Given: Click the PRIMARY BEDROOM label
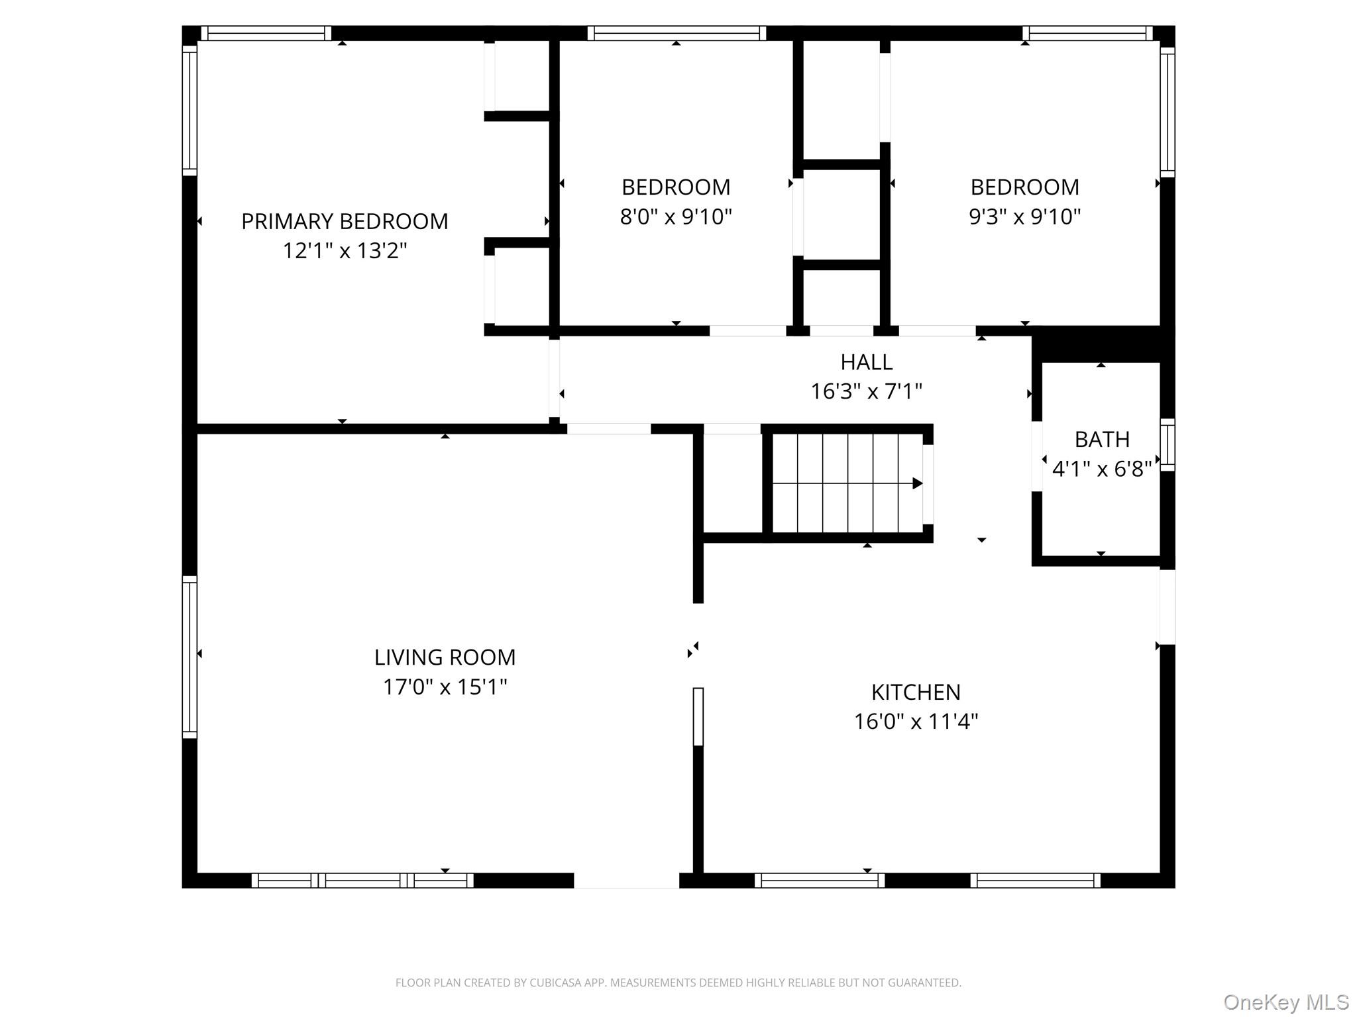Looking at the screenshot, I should tap(345, 221).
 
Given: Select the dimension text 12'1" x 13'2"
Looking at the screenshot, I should tap(345, 251).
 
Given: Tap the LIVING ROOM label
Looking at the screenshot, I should tap(445, 657).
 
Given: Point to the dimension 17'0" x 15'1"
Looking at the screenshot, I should tap(445, 687).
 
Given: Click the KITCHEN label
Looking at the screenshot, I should tap(916, 692).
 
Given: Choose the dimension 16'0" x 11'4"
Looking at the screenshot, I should tap(916, 722).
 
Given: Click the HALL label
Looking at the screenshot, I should tap(866, 362).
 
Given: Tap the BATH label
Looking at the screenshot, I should tap(1102, 440).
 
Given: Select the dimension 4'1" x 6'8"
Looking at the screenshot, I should tap(1102, 469).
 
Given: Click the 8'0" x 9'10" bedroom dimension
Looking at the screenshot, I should tap(676, 217).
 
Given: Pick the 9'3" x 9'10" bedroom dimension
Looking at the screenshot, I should tap(1024, 217).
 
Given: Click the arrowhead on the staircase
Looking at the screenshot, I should tap(917, 483).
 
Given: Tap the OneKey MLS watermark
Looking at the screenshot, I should tap(1285, 1002).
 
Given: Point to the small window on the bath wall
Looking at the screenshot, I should tap(1167, 445).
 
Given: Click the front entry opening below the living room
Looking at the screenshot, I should tap(626, 880).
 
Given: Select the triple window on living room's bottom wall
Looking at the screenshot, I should tap(362, 880).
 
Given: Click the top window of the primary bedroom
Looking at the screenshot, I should tap(266, 33).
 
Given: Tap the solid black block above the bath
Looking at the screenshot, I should tap(1103, 344).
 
